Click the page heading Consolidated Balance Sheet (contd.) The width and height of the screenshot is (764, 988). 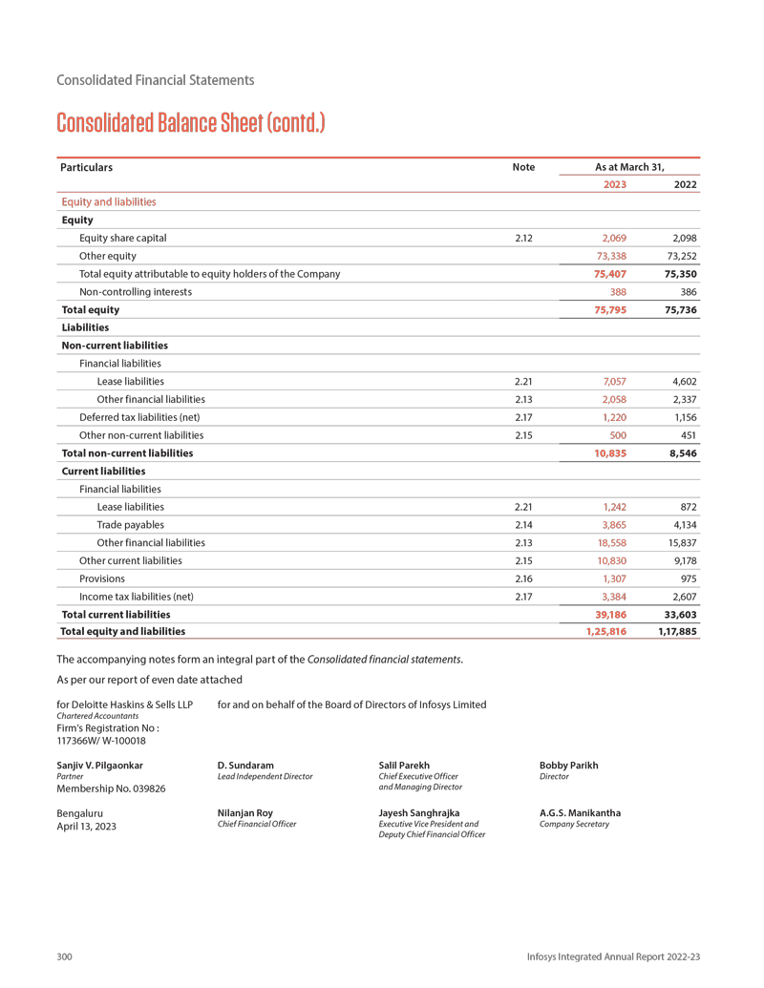pos(190,123)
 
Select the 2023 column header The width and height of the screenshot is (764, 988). pos(615,184)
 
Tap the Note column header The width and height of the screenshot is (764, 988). pos(523,167)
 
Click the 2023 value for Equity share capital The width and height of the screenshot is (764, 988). pos(614,238)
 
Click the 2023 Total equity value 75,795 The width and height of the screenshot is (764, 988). pos(610,309)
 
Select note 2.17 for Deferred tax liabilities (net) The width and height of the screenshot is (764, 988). pos(523,417)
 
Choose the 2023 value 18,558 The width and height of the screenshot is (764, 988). pos(611,542)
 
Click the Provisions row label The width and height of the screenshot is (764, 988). pos(102,578)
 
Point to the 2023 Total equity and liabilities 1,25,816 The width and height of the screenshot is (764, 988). pos(606,631)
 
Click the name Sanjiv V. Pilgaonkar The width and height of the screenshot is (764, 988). pos(100,766)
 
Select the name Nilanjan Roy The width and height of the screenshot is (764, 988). pos(245,813)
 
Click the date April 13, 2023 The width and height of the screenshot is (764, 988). pos(87,827)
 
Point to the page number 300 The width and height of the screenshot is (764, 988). pos(65,956)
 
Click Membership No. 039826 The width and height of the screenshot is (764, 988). pos(112,789)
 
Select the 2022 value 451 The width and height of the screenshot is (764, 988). pos(685,435)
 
